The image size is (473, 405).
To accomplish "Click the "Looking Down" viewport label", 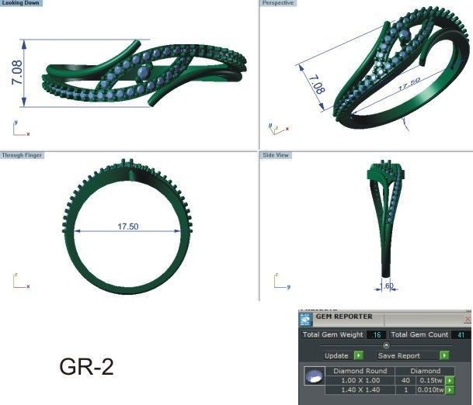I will click(22, 4).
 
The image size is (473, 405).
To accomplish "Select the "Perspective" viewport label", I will click(277, 4).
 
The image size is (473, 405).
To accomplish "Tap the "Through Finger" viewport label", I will click(23, 155).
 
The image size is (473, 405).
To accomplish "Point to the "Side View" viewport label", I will click(276, 155).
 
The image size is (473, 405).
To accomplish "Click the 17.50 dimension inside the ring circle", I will click(127, 227).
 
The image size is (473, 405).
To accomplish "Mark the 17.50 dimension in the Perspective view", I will click(409, 84).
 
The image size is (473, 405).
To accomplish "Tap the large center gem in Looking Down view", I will click(144, 73).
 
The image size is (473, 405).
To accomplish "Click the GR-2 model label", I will click(86, 367).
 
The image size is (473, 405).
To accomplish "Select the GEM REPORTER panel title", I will click(344, 317).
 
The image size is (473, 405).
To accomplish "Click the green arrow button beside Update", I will click(358, 355).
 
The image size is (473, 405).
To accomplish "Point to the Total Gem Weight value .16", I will click(377, 335).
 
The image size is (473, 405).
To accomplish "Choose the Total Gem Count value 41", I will click(461, 335).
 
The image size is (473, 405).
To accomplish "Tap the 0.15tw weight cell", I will click(431, 380).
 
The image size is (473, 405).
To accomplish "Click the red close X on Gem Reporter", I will click(468, 318).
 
